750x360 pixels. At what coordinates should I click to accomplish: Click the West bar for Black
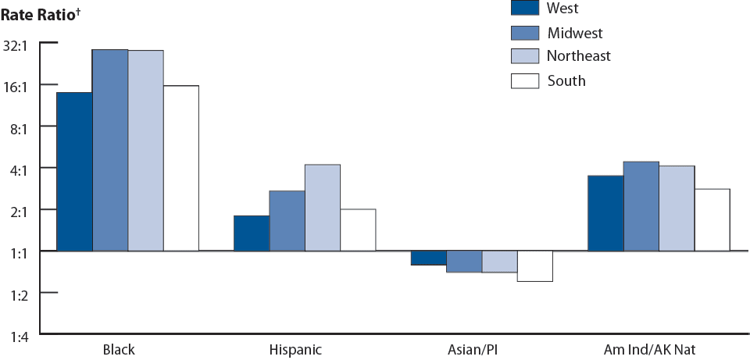74,172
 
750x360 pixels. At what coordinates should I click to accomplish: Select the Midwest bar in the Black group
110,150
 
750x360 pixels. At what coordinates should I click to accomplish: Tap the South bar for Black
181,168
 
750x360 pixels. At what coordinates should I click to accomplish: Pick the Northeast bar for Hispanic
323,208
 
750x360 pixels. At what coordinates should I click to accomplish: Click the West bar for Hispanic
252,233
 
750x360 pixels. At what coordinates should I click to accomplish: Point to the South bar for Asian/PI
535,266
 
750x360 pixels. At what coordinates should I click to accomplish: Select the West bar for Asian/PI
428,258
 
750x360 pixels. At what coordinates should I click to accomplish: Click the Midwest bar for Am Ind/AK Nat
641,206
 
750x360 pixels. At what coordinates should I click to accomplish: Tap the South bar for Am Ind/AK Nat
712,219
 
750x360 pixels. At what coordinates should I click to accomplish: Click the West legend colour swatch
525,8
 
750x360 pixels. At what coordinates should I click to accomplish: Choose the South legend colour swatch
525,80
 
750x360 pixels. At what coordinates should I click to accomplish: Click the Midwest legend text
575,33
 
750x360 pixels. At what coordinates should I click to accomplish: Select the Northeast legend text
579,56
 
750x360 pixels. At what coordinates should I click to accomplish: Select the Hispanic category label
295,349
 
